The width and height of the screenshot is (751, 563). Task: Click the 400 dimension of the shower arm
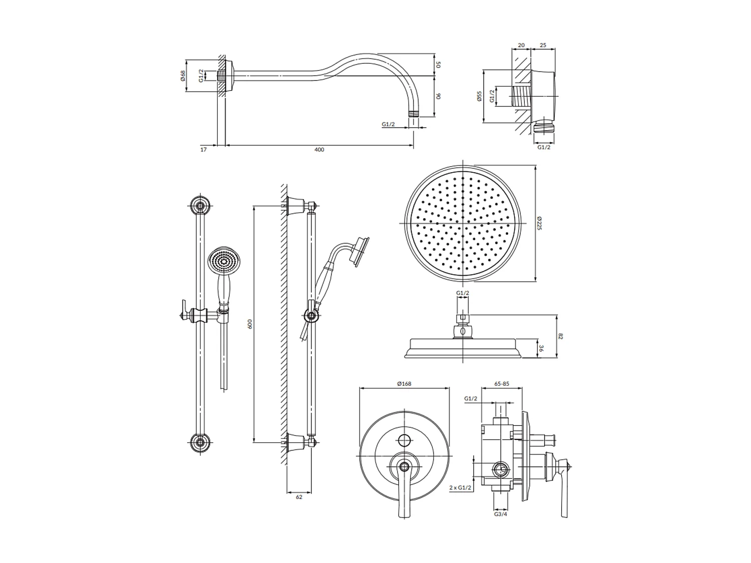pyautogui.click(x=319, y=150)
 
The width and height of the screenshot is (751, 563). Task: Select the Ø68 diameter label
pyautogui.click(x=183, y=76)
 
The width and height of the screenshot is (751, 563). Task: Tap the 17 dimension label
pyautogui.click(x=203, y=150)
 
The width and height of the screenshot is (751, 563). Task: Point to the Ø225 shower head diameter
pyautogui.click(x=539, y=223)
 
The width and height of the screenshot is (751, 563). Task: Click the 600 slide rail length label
pyautogui.click(x=250, y=324)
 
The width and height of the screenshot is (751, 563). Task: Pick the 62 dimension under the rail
pyautogui.click(x=299, y=497)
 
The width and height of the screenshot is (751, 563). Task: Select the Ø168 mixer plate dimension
pyautogui.click(x=404, y=384)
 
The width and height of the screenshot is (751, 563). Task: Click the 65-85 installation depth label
pyautogui.click(x=501, y=384)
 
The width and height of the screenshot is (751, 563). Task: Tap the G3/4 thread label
pyautogui.click(x=501, y=514)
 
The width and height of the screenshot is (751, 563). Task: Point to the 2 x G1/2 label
pyautogui.click(x=461, y=487)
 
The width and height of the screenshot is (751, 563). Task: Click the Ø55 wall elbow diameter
pyautogui.click(x=479, y=96)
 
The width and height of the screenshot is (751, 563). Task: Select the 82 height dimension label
pyautogui.click(x=561, y=336)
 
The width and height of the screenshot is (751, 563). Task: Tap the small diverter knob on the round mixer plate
pyautogui.click(x=404, y=441)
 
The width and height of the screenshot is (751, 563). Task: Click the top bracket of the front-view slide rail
pyautogui.click(x=202, y=205)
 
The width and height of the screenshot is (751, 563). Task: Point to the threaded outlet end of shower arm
pyautogui.click(x=413, y=113)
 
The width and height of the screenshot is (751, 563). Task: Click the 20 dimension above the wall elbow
pyautogui.click(x=521, y=45)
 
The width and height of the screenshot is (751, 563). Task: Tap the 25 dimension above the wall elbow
pyautogui.click(x=543, y=45)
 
